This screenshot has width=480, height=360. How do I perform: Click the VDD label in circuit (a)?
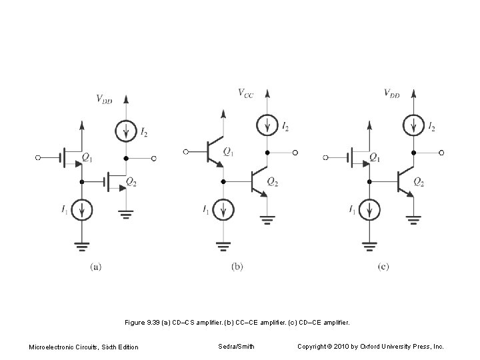pos(104,100)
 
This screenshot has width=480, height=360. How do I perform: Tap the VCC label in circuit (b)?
pos(246,93)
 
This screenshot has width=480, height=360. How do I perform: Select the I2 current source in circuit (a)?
pos(125,132)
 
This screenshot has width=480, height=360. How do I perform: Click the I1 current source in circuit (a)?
pos(81,211)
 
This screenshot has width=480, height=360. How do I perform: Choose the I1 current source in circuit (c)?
pos(369,211)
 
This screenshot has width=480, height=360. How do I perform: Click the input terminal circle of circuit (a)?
pos(39,158)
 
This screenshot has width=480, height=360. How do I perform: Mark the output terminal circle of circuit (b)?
pos(295,153)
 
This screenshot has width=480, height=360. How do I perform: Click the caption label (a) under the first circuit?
pos(95,267)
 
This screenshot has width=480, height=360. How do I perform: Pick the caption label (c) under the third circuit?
pos(383,267)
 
